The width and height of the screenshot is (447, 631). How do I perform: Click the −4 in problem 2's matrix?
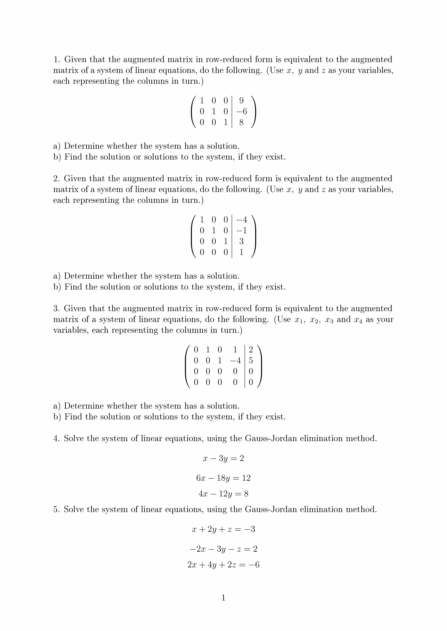coord(241,220)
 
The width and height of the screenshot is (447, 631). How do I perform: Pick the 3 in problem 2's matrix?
coord(241,241)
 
